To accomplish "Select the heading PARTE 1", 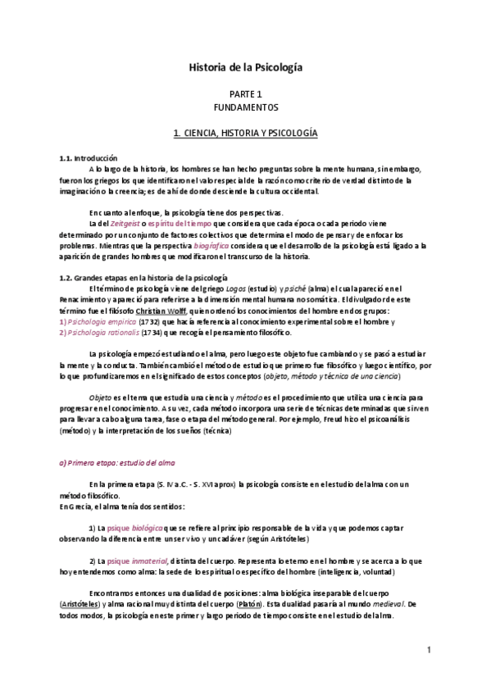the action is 245,94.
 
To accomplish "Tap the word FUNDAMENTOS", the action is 245,107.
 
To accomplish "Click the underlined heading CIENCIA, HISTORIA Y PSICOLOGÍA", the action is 245,132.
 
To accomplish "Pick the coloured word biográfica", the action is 216,245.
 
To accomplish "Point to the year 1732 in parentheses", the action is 149,323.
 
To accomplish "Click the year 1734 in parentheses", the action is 153,334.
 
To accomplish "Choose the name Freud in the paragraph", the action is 346,420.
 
